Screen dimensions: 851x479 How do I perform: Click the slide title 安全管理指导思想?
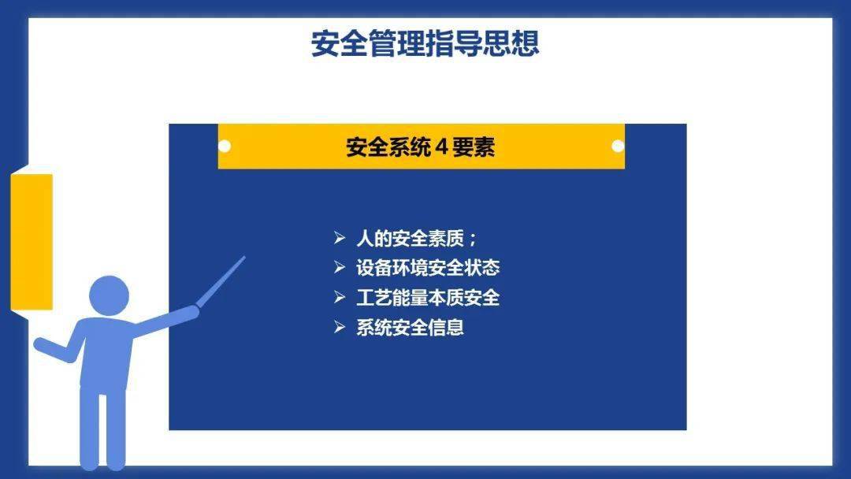tap(425, 43)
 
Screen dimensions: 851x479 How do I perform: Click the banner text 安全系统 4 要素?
tap(421, 147)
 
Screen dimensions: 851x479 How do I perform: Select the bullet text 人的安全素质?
tap(410, 238)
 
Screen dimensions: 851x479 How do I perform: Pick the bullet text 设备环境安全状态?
tap(428, 267)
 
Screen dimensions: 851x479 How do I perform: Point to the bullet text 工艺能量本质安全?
tap(428, 297)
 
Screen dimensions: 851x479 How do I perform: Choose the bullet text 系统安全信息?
tap(410, 327)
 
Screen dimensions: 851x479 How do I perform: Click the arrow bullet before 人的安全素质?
tap(340, 238)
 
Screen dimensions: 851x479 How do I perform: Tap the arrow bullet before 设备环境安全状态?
tap(340, 267)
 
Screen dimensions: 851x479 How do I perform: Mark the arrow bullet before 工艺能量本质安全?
tap(340, 297)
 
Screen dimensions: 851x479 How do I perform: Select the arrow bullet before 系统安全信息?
tap(340, 327)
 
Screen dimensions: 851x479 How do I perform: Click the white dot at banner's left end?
tap(224, 146)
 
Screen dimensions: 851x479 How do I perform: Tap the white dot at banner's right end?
tap(618, 146)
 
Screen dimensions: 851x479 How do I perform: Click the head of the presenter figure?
tap(109, 295)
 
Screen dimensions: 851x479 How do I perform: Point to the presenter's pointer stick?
tap(221, 281)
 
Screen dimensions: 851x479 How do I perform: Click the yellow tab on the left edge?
tap(32, 243)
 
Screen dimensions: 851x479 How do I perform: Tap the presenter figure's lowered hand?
tap(40, 344)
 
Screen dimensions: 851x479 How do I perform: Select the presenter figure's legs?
tap(102, 429)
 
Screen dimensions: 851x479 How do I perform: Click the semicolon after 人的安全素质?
tap(472, 239)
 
